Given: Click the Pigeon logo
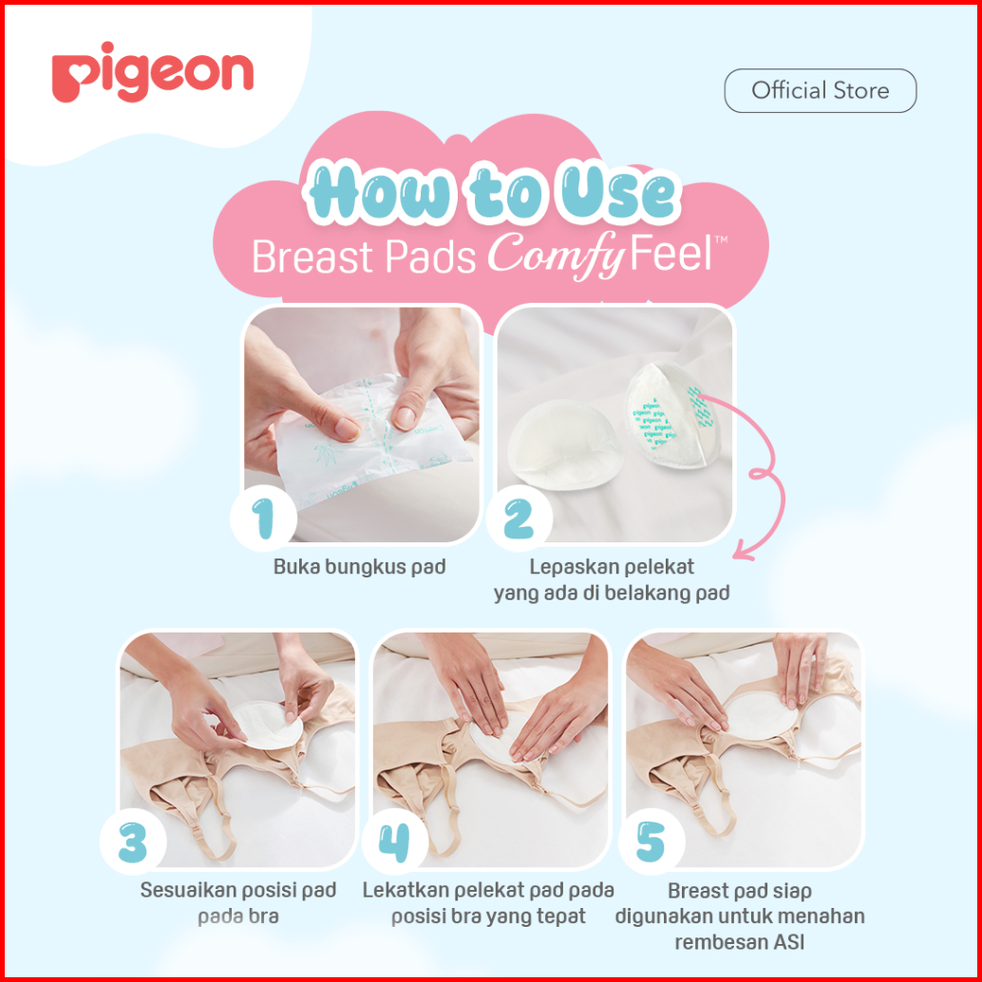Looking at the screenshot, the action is tap(152, 73).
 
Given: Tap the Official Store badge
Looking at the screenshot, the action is tap(820, 91).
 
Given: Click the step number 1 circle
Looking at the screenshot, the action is tap(263, 518).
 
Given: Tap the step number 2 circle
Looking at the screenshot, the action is tap(519, 518).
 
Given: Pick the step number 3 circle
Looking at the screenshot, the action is tap(133, 841).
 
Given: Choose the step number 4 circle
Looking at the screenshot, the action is tap(394, 841).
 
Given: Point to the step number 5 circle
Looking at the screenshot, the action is tap(652, 841).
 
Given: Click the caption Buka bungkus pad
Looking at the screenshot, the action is tap(360, 567).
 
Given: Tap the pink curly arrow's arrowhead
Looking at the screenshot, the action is tap(744, 551).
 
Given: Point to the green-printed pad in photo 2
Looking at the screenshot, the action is tap(671, 415).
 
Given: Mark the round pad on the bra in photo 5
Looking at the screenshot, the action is tap(759, 716).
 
